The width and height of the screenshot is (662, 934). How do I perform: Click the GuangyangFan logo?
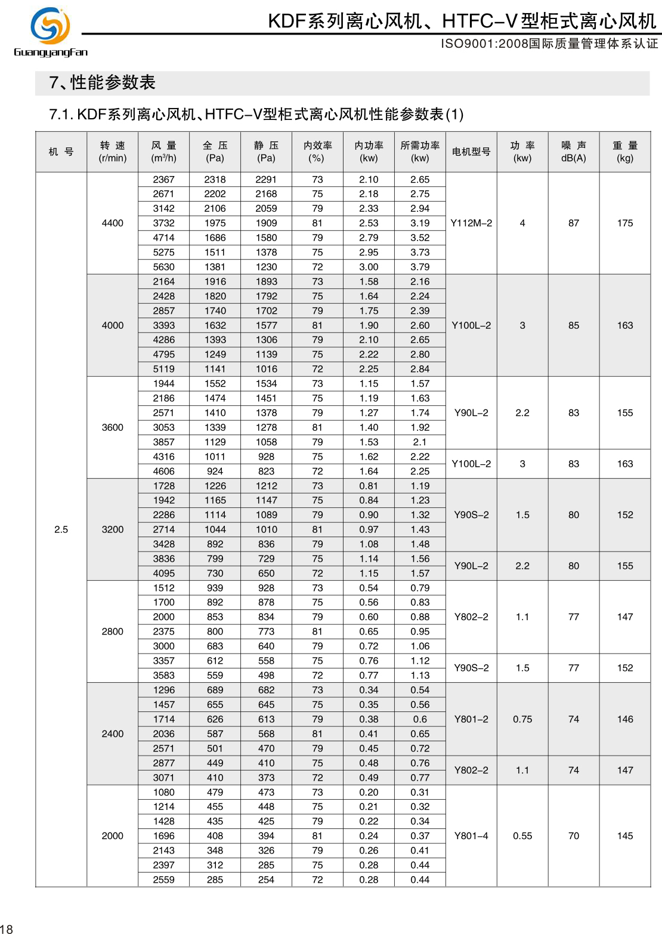[x=51, y=32]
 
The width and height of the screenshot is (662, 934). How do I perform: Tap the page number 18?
[x=7, y=928]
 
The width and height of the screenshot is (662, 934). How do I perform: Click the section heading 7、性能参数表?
[x=102, y=82]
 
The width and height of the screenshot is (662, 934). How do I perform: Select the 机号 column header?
[x=61, y=152]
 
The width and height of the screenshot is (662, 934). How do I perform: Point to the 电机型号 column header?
[x=471, y=152]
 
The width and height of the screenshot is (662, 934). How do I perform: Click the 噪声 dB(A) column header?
[x=574, y=152]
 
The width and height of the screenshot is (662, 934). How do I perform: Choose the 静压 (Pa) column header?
[x=266, y=152]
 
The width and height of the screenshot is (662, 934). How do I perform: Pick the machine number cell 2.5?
[x=61, y=529]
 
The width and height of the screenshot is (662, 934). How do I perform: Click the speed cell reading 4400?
[x=113, y=223]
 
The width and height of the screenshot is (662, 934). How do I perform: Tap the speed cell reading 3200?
[x=113, y=529]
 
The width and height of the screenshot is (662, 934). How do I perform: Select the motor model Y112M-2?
[x=471, y=223]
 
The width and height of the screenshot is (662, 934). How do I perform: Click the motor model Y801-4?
[x=471, y=836]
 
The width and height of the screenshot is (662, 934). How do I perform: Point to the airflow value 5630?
[x=164, y=267]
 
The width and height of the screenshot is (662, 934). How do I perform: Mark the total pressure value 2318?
[x=215, y=180]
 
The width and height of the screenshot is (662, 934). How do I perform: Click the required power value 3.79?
[x=420, y=267]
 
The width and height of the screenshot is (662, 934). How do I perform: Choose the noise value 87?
[x=574, y=223]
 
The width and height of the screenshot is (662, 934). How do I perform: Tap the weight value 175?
[x=625, y=223]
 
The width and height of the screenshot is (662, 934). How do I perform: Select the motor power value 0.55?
[x=522, y=836]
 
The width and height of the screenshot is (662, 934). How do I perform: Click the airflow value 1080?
[x=164, y=792]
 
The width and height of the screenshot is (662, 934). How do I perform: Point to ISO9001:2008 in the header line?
[x=484, y=44]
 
